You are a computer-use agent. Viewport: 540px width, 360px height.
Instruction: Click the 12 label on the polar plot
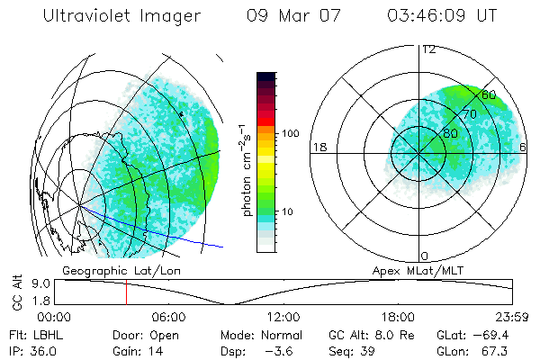tap(428, 49)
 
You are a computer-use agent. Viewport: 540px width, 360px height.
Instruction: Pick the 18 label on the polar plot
tap(318, 147)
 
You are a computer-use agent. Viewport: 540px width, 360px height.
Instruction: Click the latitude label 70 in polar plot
tap(469, 114)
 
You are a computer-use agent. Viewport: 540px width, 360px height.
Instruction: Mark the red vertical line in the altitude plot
tap(126, 292)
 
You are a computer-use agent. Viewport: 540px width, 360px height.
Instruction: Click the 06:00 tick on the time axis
tap(168, 317)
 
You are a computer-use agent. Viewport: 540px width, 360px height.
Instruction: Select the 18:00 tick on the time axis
tap(398, 317)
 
